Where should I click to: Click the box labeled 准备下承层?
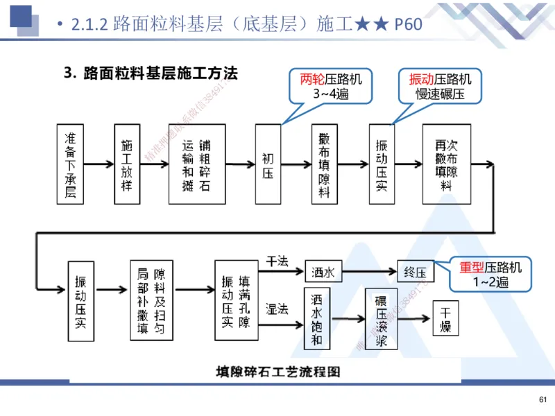[70, 164]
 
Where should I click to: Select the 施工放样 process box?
[126, 164]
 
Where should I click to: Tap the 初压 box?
[268, 164]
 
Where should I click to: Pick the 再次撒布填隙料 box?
[445, 164]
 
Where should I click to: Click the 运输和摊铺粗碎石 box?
[197, 164]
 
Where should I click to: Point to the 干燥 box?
[445, 318]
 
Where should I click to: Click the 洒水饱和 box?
[318, 320]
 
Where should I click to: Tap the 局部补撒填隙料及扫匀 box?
[151, 300]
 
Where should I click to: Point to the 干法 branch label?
[277, 261]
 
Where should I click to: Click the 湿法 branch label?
[277, 309]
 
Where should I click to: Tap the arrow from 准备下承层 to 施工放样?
[99, 164]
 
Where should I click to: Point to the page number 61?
[543, 399]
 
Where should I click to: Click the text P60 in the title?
[408, 25]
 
